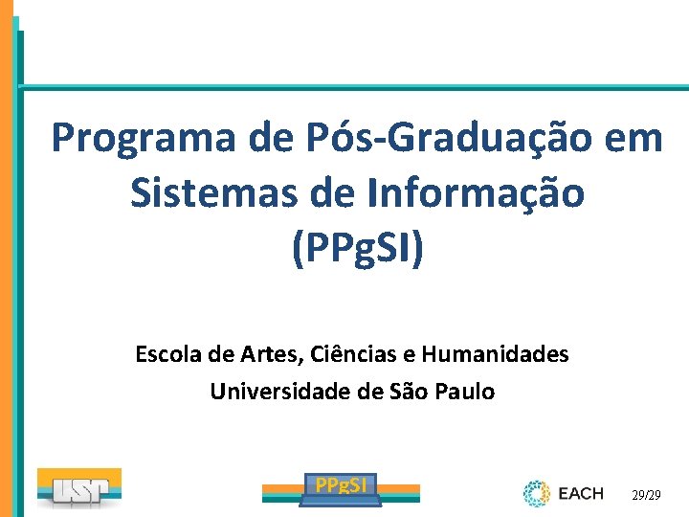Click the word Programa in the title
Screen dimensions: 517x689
(x=144, y=139)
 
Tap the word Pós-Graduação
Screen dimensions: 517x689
(x=429, y=139)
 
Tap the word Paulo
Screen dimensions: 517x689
(x=464, y=392)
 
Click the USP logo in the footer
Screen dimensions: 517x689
(x=79, y=487)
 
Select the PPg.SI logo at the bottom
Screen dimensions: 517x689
(x=342, y=486)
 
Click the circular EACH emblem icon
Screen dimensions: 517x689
(x=536, y=494)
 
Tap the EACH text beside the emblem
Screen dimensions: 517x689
(x=581, y=494)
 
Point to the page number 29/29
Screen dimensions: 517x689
(x=646, y=496)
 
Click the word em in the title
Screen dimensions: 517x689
(x=633, y=139)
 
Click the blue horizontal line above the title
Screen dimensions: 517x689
(x=354, y=88)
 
